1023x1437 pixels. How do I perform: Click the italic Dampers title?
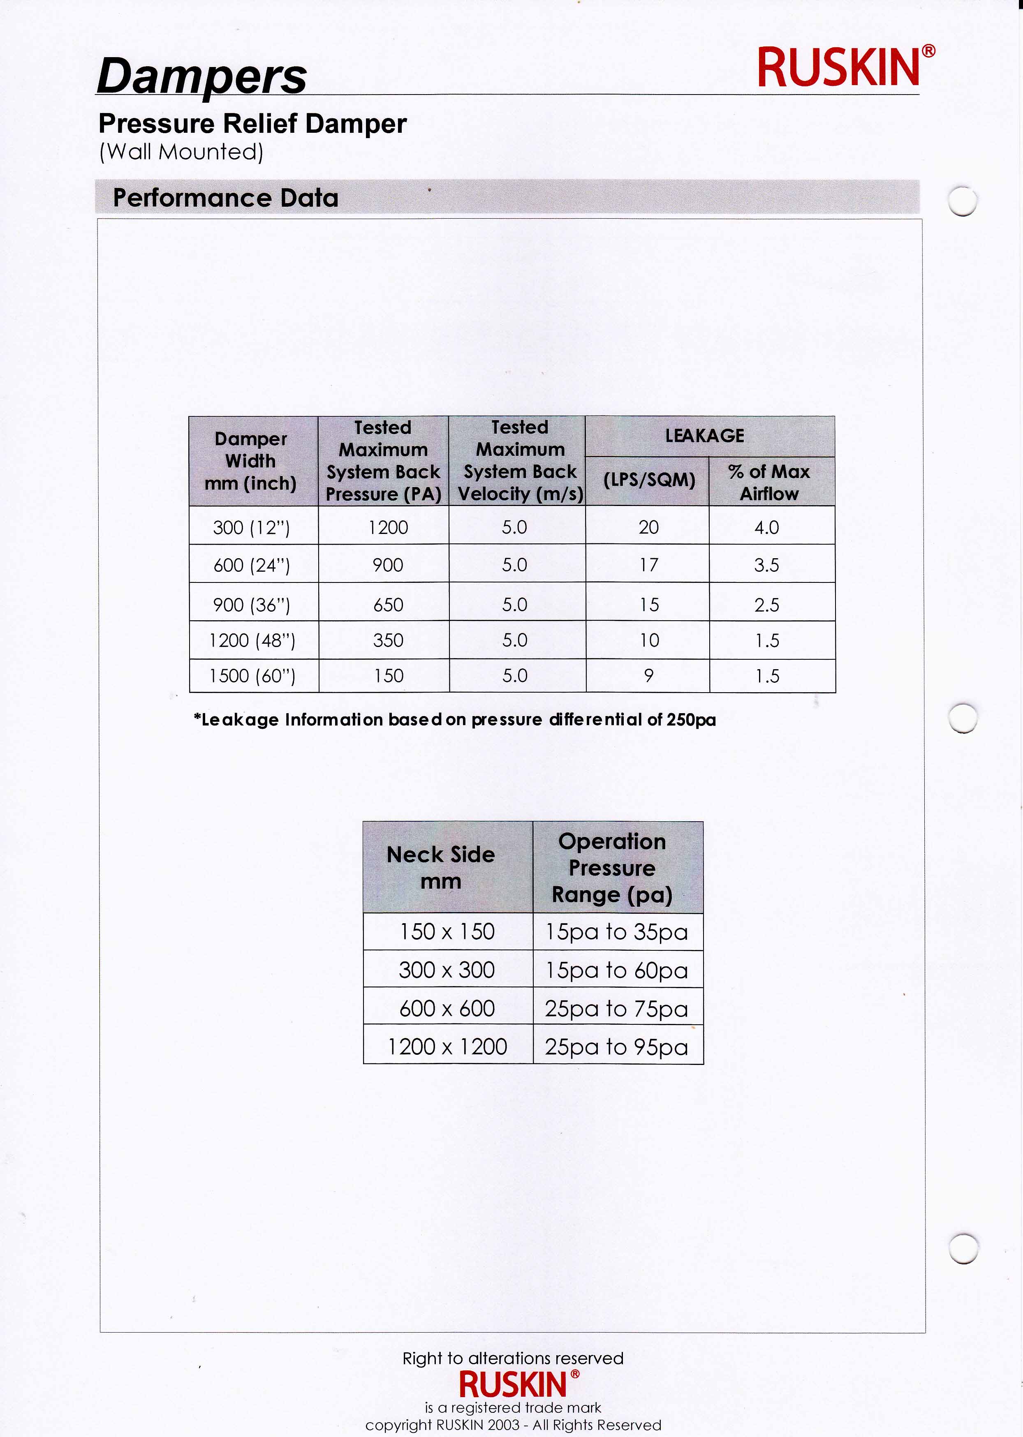[201, 76]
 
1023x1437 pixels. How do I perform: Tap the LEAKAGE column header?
[705, 436]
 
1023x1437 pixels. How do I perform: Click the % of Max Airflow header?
[768, 483]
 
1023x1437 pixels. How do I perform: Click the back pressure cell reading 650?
[388, 605]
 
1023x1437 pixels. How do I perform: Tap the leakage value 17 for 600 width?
[649, 565]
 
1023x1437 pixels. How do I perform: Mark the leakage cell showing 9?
[649, 676]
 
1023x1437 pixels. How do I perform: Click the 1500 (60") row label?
[252, 676]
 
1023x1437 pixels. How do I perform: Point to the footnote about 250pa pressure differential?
[455, 720]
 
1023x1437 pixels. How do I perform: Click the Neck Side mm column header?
[441, 867]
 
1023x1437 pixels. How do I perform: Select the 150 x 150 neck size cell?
[447, 931]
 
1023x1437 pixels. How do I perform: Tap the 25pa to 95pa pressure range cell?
[617, 1047]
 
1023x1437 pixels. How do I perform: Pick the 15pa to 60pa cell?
[617, 970]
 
